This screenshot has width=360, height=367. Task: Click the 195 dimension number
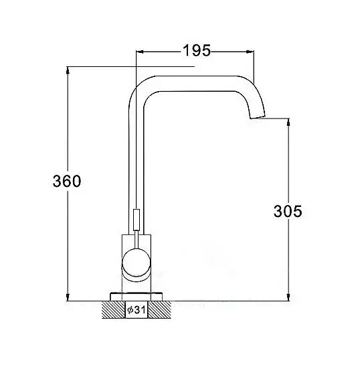[197, 50]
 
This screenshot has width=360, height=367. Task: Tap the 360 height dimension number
[67, 181]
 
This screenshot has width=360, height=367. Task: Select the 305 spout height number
[288, 211]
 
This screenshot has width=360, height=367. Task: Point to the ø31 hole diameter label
[137, 310]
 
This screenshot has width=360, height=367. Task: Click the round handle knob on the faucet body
[137, 263]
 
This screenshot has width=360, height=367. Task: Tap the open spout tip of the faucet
[258, 117]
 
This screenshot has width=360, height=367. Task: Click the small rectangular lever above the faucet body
[136, 220]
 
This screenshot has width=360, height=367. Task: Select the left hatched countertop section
[114, 309]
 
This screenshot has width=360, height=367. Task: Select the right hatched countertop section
[160, 309]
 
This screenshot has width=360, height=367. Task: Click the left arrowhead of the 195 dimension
[140, 52]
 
